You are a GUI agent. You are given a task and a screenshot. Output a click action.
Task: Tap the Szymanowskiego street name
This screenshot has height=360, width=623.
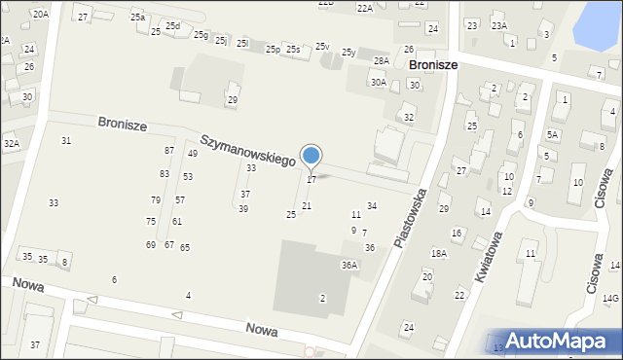(x=248, y=151)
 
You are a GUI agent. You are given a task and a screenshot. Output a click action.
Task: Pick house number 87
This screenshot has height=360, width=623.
(x=169, y=150)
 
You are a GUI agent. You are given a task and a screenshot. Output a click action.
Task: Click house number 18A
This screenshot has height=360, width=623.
(x=439, y=253)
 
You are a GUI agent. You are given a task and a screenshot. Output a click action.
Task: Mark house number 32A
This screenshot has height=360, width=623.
(x=11, y=144)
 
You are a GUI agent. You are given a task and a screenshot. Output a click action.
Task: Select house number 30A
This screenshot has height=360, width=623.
(x=378, y=83)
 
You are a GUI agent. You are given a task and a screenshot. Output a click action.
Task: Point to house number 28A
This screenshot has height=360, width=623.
(x=381, y=61)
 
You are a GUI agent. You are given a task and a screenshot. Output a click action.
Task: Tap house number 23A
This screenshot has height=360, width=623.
(x=498, y=26)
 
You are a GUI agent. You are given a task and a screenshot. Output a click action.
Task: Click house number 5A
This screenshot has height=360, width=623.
(x=552, y=135)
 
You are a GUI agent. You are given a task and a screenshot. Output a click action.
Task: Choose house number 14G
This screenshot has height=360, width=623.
(x=610, y=298)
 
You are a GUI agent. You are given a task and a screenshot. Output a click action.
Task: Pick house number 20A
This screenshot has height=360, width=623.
(x=40, y=14)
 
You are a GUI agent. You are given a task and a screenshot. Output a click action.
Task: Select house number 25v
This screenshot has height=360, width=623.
(x=321, y=47)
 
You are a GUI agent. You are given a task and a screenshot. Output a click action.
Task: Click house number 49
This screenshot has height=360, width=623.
(x=193, y=153)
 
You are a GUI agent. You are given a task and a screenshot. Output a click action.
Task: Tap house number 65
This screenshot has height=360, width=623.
(x=185, y=248)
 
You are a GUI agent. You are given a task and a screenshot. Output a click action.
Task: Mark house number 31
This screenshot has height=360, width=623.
(x=66, y=141)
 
